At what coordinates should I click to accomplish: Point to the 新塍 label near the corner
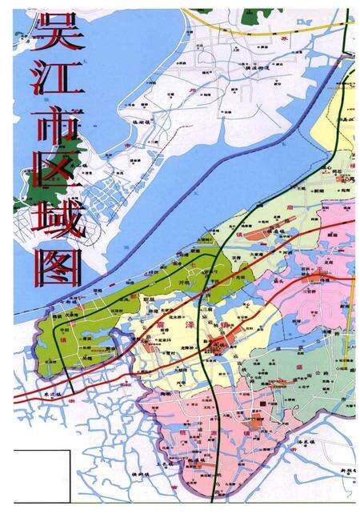pyautogui.click(x=344, y=470)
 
